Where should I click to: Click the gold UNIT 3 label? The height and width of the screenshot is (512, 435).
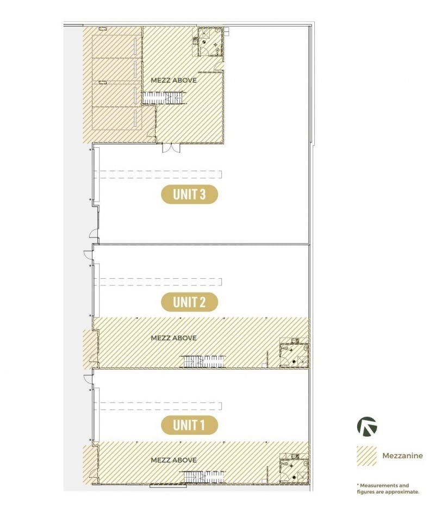coord(189,194)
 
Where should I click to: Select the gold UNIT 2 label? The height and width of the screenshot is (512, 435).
coord(189,302)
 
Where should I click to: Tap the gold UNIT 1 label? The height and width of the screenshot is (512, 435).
coord(189,425)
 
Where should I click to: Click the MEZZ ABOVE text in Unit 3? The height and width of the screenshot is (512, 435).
coord(174,80)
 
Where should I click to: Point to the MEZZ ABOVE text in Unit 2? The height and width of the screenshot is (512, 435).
coord(174,338)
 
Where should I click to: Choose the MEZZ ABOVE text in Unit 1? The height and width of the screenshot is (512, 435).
coord(174,460)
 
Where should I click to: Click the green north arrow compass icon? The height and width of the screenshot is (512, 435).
coord(367,427)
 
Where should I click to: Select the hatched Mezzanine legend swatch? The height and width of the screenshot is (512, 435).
coord(367,455)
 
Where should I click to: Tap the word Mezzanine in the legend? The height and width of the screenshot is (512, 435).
coord(402,455)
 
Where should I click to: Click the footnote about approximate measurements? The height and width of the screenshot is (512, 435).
coord(388,489)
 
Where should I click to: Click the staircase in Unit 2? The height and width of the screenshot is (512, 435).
coord(203,361)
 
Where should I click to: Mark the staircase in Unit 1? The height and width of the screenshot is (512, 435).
coord(203,477)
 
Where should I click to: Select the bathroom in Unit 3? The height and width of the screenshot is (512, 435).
coord(210,42)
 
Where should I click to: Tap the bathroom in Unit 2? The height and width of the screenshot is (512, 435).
coord(294,355)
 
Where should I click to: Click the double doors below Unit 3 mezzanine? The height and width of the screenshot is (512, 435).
coord(171,148)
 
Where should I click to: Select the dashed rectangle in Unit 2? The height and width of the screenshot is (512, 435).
coord(158,282)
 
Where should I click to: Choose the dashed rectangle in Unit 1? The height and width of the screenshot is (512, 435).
coord(158,406)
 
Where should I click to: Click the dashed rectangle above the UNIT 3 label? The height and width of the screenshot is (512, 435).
coord(158,174)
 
